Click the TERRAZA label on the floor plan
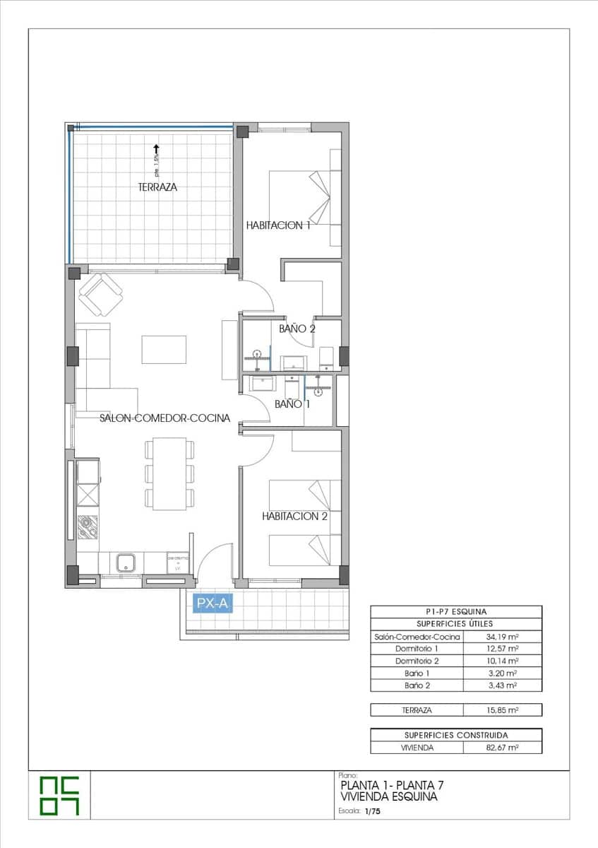point(157,187)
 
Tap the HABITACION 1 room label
point(278,225)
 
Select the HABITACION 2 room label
point(294,517)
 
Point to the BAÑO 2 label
point(297,329)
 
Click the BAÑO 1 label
point(292,404)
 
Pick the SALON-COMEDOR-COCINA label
point(165,418)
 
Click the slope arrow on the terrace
point(155,149)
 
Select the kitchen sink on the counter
point(126,563)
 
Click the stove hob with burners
point(88,526)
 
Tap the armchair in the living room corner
point(100,294)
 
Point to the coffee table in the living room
point(164,349)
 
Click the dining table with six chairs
point(169,473)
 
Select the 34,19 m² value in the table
point(502,637)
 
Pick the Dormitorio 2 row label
point(417,661)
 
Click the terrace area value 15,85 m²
point(502,710)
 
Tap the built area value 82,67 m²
point(502,747)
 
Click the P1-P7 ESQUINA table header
point(456,612)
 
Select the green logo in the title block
point(59,795)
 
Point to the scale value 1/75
point(372,813)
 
